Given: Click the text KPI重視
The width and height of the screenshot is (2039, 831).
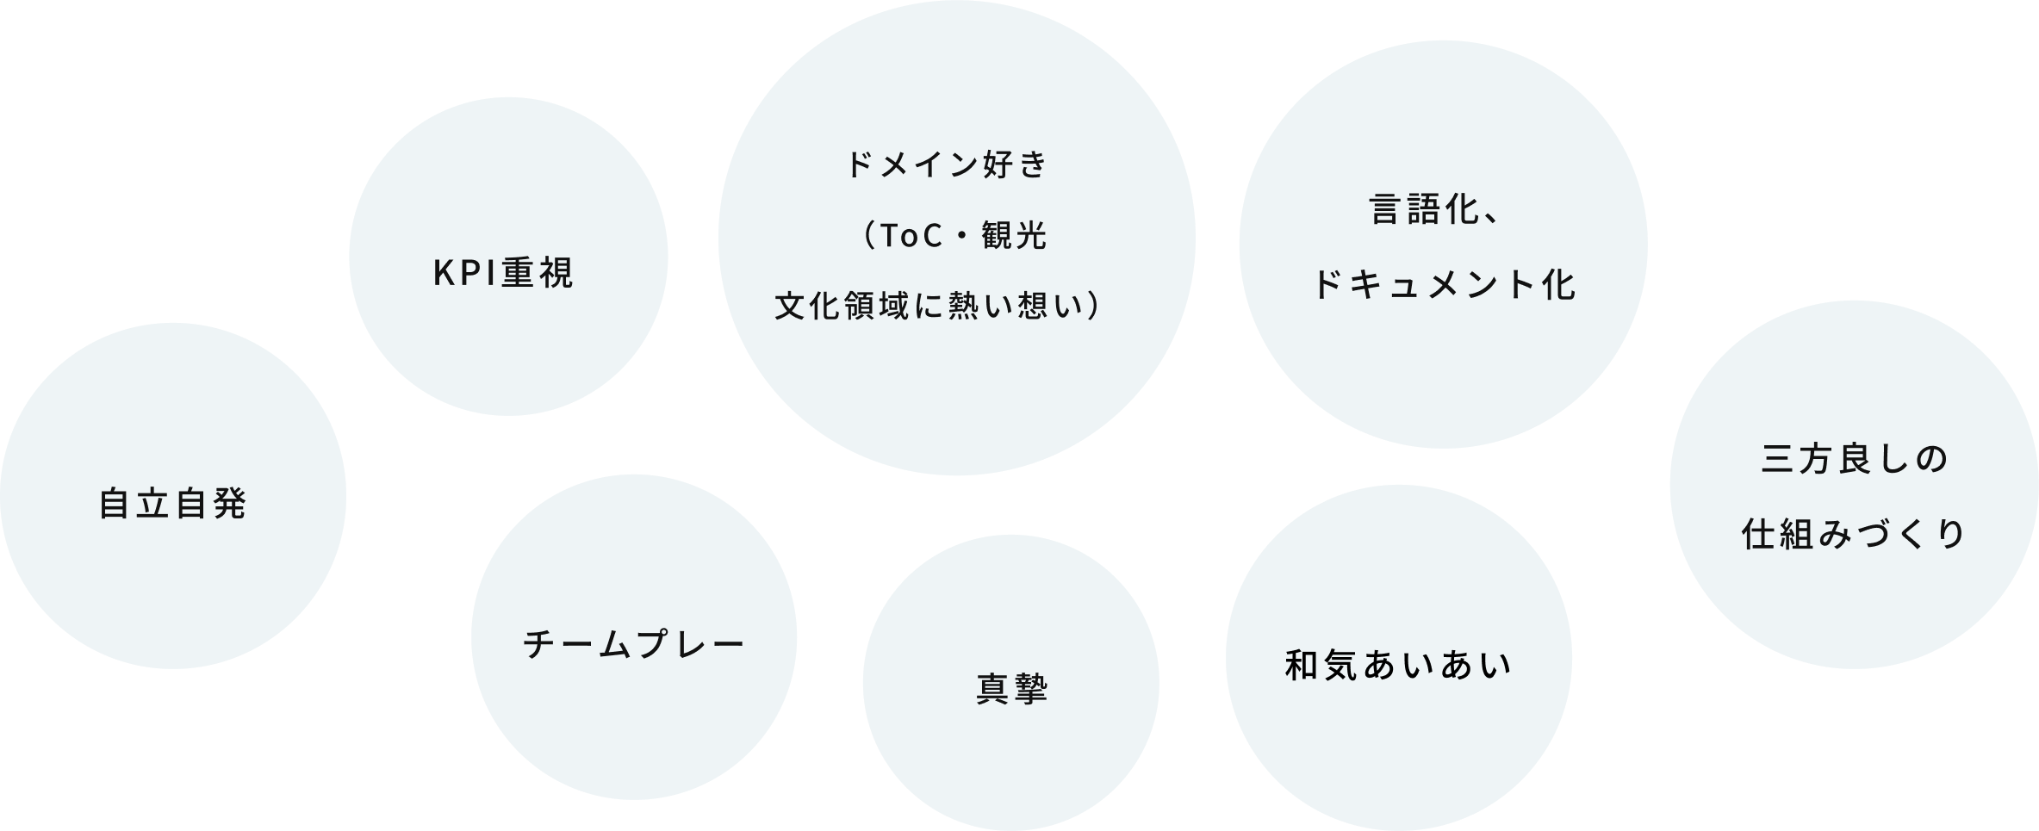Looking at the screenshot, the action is click(503, 273).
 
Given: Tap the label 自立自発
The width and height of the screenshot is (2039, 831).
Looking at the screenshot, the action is click(173, 504).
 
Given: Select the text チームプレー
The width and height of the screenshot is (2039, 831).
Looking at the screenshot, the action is click(634, 644).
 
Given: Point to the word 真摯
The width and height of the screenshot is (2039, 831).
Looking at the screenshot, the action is click(1012, 689).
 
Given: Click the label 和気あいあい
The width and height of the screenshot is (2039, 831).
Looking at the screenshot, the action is click(1398, 666).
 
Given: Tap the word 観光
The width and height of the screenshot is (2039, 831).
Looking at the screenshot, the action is click(1014, 235).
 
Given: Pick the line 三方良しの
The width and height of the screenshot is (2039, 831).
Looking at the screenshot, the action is click(1855, 459).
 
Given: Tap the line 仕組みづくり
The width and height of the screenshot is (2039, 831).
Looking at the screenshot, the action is click(1855, 534).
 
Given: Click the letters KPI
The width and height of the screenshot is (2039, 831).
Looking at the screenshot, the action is click(465, 273).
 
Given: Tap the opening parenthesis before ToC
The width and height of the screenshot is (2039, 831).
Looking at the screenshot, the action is click(867, 235).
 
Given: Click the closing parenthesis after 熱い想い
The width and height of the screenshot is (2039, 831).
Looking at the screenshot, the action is click(1093, 306).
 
